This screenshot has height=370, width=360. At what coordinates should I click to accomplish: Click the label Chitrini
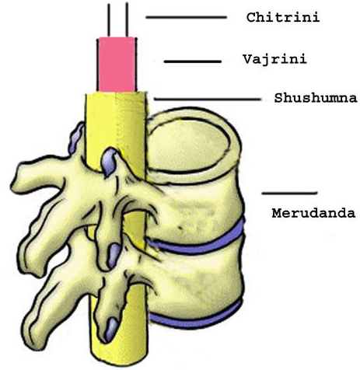tap(283, 18)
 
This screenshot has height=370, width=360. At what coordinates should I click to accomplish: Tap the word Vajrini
tap(274, 60)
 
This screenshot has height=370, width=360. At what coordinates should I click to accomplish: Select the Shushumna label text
tap(316, 98)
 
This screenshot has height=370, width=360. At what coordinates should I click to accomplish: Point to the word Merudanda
tap(313, 213)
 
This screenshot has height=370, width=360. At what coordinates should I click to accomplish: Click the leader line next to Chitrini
tap(186, 17)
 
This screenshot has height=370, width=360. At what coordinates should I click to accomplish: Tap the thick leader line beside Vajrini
tap(193, 61)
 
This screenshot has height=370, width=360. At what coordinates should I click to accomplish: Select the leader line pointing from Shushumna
tap(208, 99)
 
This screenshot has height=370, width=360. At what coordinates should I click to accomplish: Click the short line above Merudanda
tap(289, 193)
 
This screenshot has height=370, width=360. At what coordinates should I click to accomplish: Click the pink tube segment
tap(117, 65)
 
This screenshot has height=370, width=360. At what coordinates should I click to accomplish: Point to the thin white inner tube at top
tap(118, 19)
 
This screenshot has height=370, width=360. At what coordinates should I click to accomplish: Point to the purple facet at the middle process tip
tap(114, 255)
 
